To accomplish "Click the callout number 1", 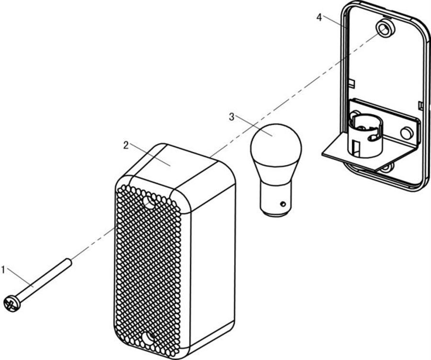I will click(x=3, y=270).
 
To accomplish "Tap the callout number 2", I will click(x=125, y=145).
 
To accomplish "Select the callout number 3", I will click(x=232, y=116).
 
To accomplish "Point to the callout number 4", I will click(x=319, y=17).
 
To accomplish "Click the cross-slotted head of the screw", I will click(x=11, y=303).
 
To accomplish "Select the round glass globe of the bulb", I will click(x=276, y=143).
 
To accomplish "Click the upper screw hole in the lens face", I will click(x=149, y=203).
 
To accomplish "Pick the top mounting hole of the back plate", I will click(x=385, y=29).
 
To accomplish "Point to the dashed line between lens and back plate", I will click(x=287, y=100).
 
